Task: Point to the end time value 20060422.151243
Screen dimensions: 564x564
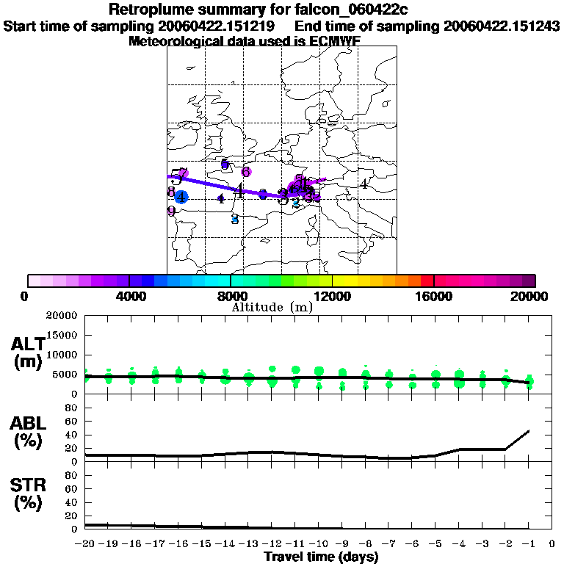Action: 502,26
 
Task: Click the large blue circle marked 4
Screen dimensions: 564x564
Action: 181,196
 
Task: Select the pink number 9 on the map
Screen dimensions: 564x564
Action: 171,211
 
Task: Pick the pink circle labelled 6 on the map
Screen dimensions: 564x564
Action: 247,172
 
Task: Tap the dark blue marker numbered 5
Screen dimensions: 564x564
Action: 225,164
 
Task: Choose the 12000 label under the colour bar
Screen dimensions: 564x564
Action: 332,296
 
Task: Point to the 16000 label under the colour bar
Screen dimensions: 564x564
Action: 433,296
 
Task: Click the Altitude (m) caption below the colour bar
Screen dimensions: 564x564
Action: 272,308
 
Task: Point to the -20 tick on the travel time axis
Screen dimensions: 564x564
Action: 84,544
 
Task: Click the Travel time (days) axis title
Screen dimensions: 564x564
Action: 321,557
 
